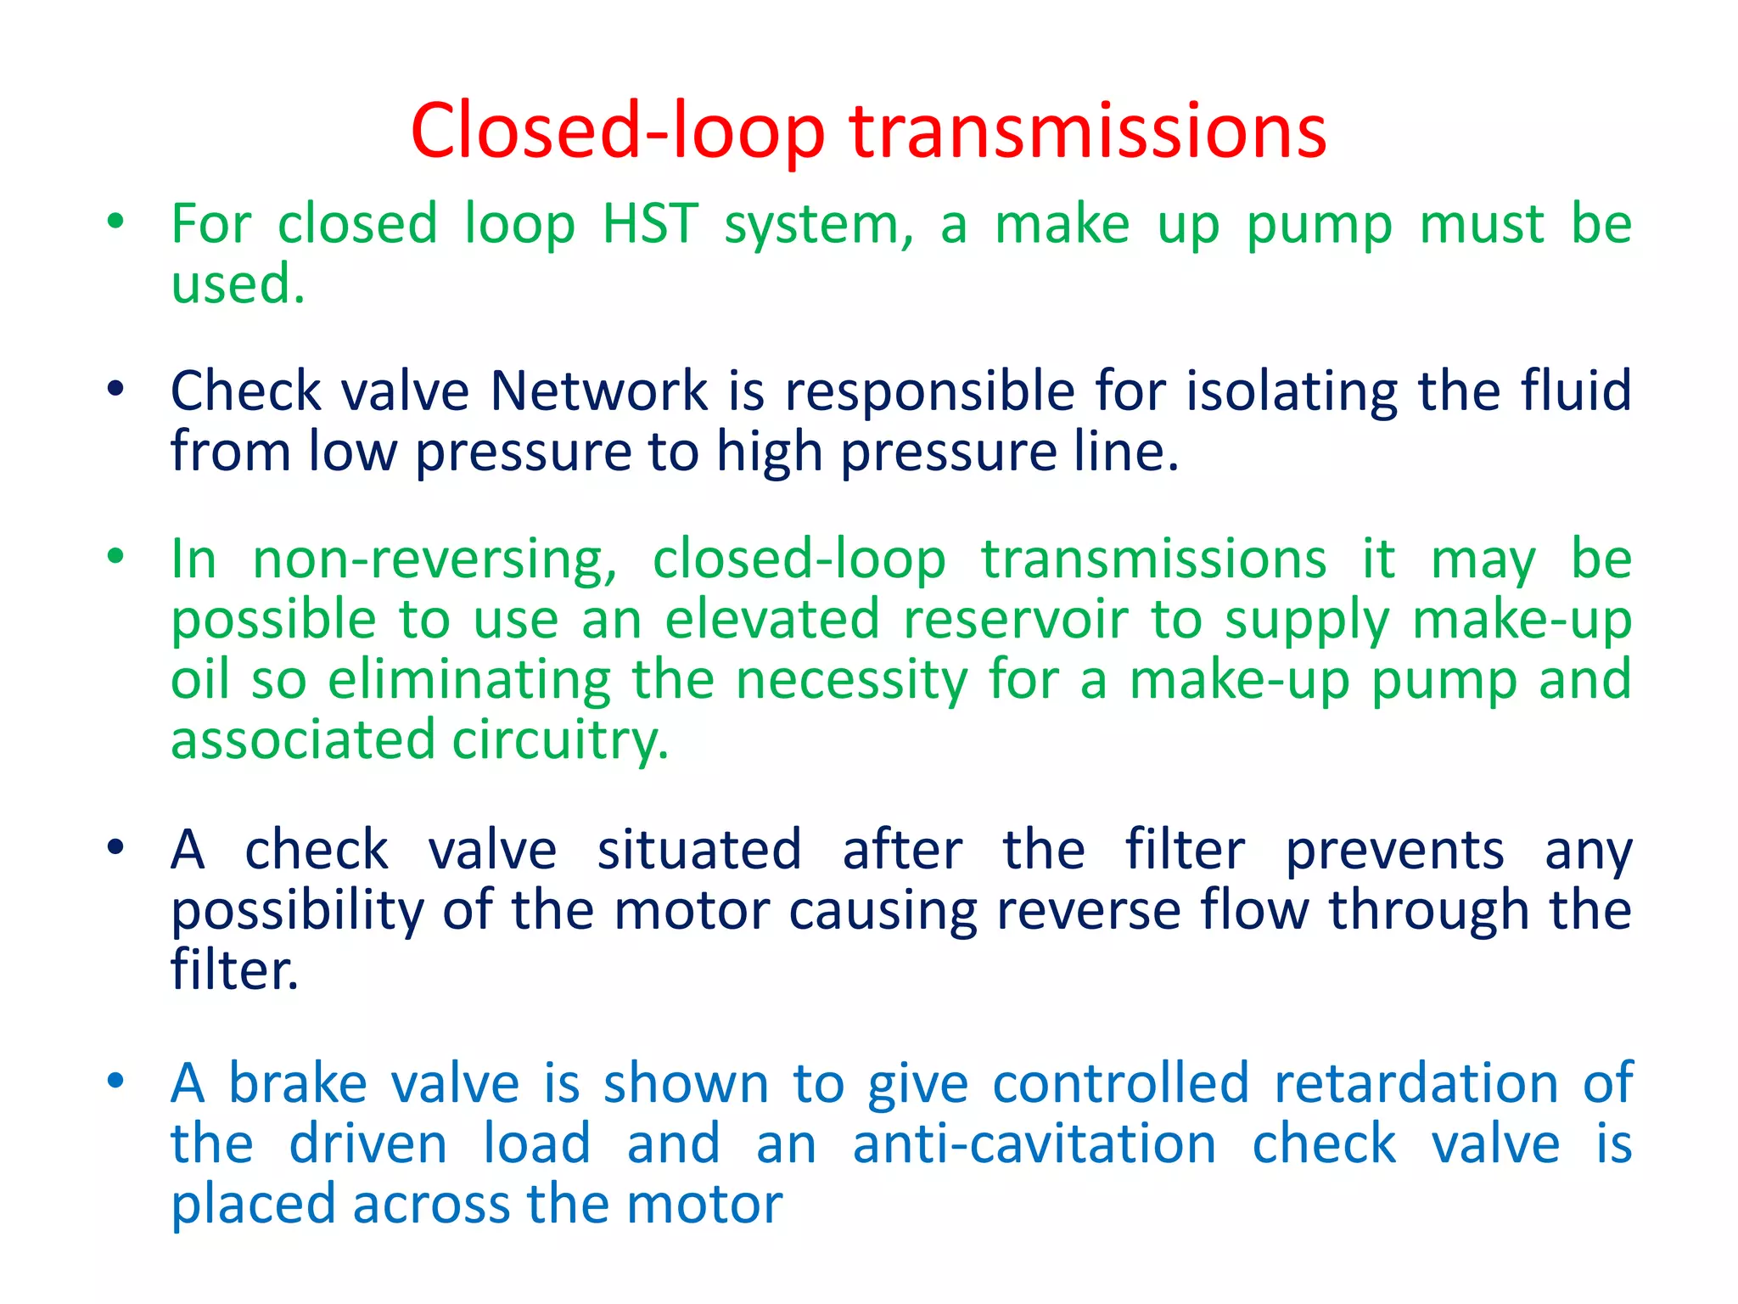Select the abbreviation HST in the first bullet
(650, 224)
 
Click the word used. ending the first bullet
(238, 284)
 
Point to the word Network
(599, 391)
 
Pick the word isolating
(1291, 393)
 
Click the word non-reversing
(435, 561)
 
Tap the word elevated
(771, 620)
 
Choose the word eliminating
(468, 680)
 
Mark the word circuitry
(560, 740)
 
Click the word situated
(699, 850)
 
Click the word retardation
(1416, 1084)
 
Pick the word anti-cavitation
(1034, 1144)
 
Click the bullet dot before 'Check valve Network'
(116, 390)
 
